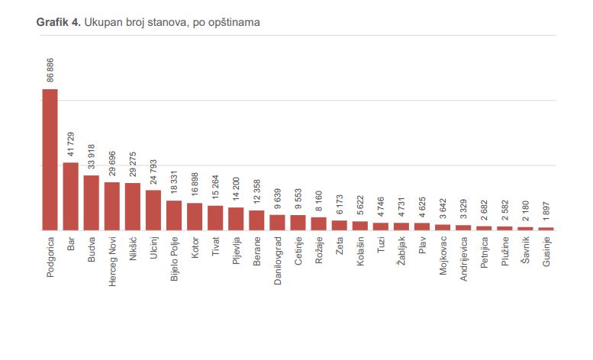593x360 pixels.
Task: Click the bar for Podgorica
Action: [50, 159]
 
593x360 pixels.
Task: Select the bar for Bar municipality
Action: [70, 196]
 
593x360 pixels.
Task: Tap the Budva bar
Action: [91, 202]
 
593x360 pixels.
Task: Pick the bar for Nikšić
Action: [132, 206]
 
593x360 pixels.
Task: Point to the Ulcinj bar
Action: [153, 210]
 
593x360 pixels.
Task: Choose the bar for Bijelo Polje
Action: [174, 215]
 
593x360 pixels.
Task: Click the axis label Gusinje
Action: [546, 252]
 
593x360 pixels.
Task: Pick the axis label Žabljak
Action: [401, 252]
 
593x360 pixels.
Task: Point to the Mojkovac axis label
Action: [443, 257]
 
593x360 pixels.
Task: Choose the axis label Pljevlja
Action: [237, 252]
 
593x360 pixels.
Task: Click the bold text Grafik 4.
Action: [56, 23]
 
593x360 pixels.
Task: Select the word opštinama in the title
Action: [234, 23]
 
